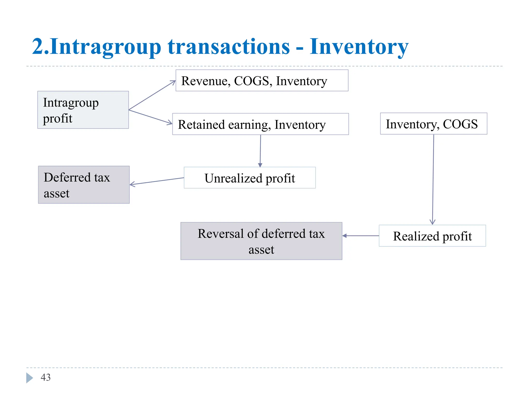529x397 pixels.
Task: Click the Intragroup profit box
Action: (83, 110)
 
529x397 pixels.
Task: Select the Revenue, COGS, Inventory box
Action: (262, 80)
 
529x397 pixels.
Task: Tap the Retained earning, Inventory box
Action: (260, 124)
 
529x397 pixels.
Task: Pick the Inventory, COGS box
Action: (433, 124)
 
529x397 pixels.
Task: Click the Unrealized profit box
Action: (250, 178)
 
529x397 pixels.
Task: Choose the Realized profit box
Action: (432, 236)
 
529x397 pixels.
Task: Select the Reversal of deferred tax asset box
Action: (261, 241)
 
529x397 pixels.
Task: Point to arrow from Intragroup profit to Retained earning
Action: (151, 117)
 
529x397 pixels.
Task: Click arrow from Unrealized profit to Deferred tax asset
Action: (157, 181)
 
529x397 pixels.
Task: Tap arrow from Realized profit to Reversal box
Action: (361, 236)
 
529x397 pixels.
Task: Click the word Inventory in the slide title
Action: (359, 47)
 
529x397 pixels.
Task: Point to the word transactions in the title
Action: (229, 47)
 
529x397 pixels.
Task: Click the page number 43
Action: (46, 377)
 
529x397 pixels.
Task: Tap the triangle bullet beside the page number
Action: (29, 378)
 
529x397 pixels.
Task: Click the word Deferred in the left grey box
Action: (67, 178)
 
